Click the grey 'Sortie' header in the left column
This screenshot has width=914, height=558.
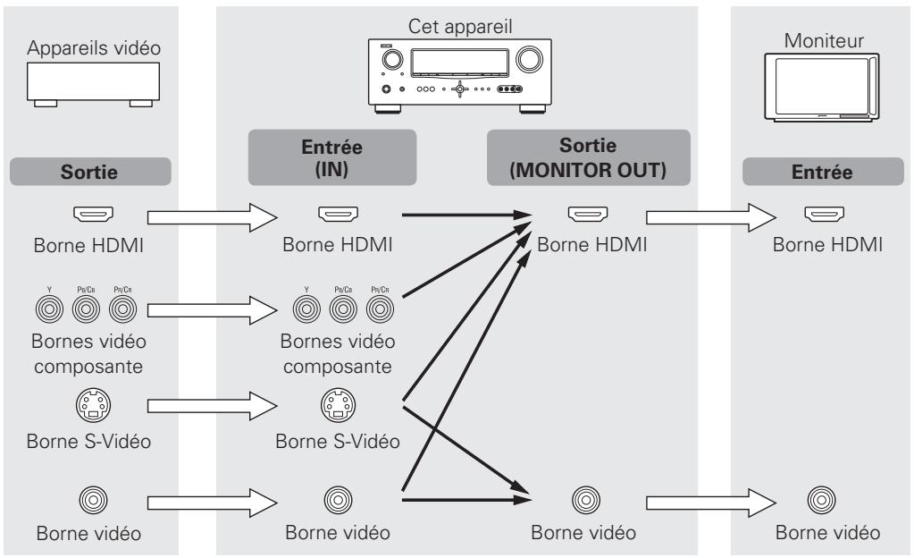89,171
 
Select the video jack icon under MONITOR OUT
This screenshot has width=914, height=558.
583,495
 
